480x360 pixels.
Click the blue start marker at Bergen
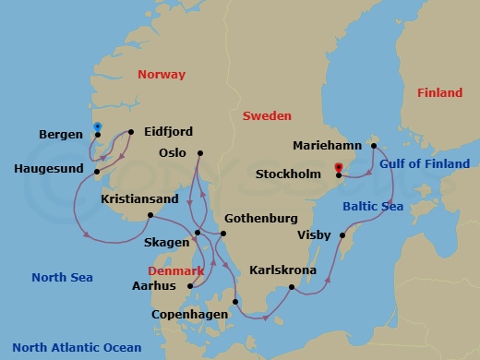click(x=97, y=127)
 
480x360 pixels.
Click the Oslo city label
click(x=172, y=153)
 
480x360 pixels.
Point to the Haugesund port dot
click(x=97, y=170)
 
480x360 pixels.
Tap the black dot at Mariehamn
click(x=373, y=145)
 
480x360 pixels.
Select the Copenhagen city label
click(x=190, y=315)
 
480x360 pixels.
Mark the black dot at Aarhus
click(x=188, y=286)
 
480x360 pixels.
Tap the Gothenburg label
click(x=259, y=219)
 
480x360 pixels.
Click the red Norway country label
click(x=161, y=75)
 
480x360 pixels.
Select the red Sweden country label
click(x=267, y=116)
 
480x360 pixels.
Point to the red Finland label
click(x=439, y=93)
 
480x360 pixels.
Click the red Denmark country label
click(x=176, y=272)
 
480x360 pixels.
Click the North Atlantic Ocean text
click(x=77, y=348)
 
